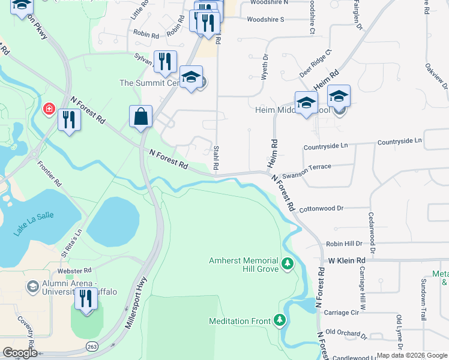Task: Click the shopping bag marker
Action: pyautogui.click(x=140, y=116)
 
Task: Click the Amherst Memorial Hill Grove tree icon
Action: pyautogui.click(x=288, y=263)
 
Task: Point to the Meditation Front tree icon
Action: pyautogui.click(x=279, y=320)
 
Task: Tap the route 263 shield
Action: pyautogui.click(x=92, y=346)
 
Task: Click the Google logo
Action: pyautogui.click(x=20, y=353)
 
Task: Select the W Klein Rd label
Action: pyautogui.click(x=346, y=260)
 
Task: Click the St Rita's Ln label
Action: pyautogui.click(x=71, y=242)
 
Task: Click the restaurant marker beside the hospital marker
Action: pyautogui.click(x=69, y=119)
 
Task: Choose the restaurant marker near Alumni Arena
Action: pyautogui.click(x=86, y=299)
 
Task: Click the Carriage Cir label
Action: pyautogui.click(x=341, y=313)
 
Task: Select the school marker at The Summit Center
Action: pyautogui.click(x=191, y=77)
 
